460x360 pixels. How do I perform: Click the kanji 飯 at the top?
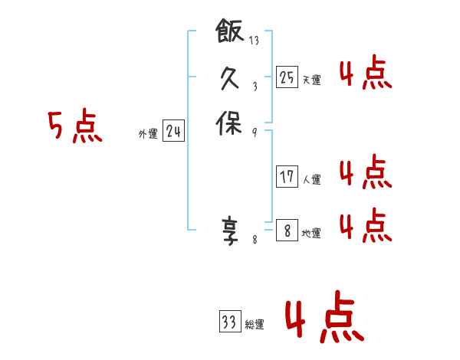pyautogui.click(x=230, y=33)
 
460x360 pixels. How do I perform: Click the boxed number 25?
pyautogui.click(x=287, y=77)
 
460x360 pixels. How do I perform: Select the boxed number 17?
pyautogui.click(x=287, y=177)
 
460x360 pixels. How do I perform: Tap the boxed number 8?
pyautogui.click(x=287, y=230)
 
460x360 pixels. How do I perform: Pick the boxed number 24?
pyautogui.click(x=173, y=133)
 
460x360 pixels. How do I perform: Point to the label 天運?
pyautogui.click(x=311, y=80)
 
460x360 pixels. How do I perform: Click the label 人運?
pyautogui.click(x=311, y=180)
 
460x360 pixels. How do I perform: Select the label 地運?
pyautogui.click(x=311, y=234)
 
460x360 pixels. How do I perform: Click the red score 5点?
pyautogui.click(x=75, y=126)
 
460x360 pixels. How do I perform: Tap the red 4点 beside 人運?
pyautogui.click(x=365, y=172)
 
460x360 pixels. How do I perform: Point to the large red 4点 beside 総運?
pyautogui.click(x=324, y=319)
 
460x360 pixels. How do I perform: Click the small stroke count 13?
pyautogui.click(x=255, y=41)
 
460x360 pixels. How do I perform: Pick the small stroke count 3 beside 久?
pyautogui.click(x=255, y=87)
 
